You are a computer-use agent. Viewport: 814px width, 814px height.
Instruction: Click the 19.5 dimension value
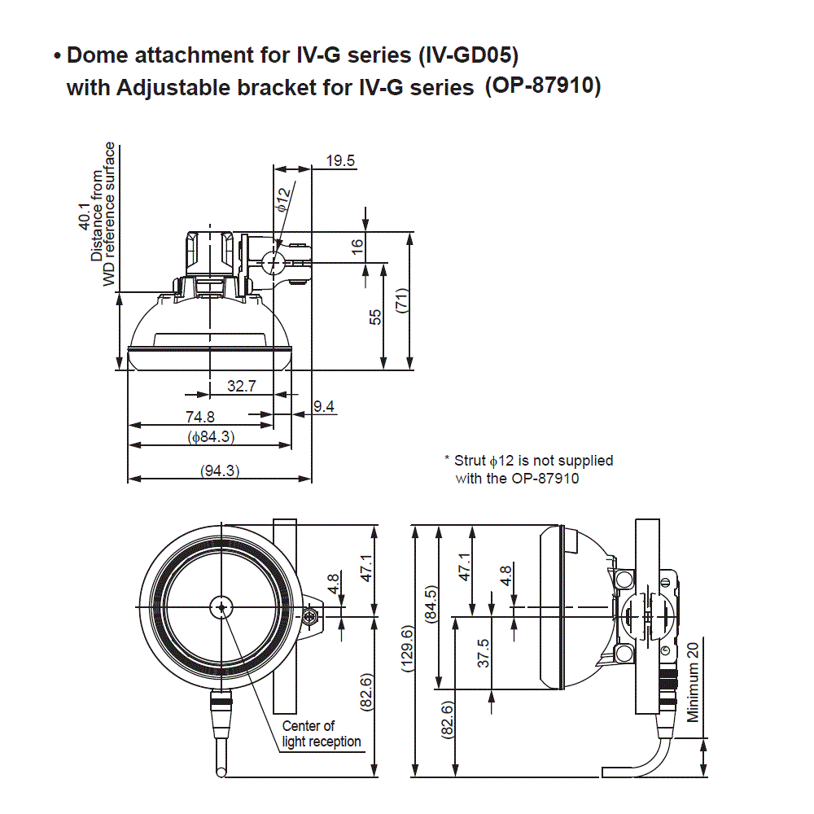pos(340,160)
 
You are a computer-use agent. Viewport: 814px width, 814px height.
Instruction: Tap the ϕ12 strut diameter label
pos(282,199)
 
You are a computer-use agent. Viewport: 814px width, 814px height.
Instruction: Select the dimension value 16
pos(357,247)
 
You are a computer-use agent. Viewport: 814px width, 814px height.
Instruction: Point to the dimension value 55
pos(375,317)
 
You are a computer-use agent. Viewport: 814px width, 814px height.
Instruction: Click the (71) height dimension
pos(400,300)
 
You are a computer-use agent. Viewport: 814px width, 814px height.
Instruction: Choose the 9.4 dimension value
pos(324,406)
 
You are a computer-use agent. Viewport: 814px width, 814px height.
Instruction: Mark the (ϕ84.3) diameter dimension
pos(211,437)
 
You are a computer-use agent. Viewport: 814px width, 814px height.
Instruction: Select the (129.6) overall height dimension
pos(408,648)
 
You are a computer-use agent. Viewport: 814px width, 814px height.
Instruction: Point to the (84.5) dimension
pos(431,604)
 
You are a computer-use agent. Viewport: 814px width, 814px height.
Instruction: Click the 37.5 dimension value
pos(484,653)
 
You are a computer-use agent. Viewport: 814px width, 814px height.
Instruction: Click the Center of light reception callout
pos(321,733)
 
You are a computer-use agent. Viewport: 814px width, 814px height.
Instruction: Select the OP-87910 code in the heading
pos(543,85)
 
